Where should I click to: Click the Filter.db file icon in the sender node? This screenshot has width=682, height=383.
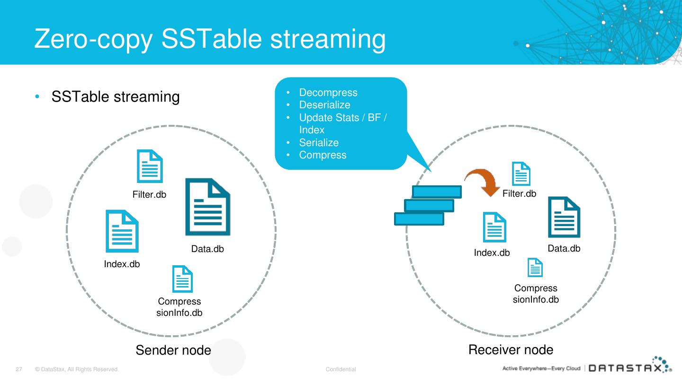pos(150,166)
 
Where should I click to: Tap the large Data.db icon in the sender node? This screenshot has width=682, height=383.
pos(207,207)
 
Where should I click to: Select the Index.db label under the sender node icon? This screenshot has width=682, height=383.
pos(122,264)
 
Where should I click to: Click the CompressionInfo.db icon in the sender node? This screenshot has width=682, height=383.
pos(182,279)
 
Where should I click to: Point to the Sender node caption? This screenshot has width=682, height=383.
pos(173,350)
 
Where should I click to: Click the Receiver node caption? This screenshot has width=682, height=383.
pos(511,350)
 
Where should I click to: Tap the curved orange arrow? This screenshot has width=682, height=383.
pos(482,182)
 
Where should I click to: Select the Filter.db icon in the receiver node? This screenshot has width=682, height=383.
pos(521,174)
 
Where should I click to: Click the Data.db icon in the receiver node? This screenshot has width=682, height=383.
pos(564,217)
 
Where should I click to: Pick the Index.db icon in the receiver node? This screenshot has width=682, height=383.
pos(494,227)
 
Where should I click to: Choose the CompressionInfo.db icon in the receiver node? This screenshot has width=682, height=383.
pos(535,267)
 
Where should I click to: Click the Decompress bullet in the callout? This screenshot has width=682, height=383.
pos(328,93)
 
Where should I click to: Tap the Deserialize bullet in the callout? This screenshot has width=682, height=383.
pos(324,105)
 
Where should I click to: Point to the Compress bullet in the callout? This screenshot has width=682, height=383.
pos(323,155)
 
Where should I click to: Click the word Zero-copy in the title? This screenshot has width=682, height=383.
pos(94,39)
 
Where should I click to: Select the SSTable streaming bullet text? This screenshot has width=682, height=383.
pos(116,97)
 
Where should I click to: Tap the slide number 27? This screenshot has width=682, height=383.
pos(19,369)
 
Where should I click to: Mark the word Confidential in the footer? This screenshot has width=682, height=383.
pos(341,369)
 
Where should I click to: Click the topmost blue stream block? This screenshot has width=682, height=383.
pos(437,191)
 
